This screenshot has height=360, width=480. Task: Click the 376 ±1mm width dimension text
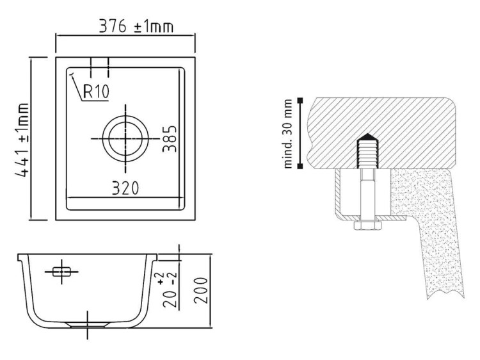136,27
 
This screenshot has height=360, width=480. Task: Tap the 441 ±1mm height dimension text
22,140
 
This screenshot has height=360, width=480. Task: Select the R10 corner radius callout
96,92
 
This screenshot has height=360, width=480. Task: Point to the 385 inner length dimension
170,138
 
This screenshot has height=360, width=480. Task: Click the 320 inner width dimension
125,188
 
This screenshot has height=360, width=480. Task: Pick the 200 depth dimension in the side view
201,290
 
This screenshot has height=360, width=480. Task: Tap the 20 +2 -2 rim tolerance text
170,290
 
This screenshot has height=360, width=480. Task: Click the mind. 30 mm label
288,134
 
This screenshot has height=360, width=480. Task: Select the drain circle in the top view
125,138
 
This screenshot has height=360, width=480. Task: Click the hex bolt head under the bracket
367,225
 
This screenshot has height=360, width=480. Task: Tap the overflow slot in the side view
61,272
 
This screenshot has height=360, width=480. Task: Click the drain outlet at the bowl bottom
88,325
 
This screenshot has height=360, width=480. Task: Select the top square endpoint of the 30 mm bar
300,100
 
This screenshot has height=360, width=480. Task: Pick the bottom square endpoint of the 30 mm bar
300,166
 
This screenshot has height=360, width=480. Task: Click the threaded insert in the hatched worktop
367,151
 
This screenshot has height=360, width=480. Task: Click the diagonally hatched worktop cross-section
383,133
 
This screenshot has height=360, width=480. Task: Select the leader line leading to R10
77,87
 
